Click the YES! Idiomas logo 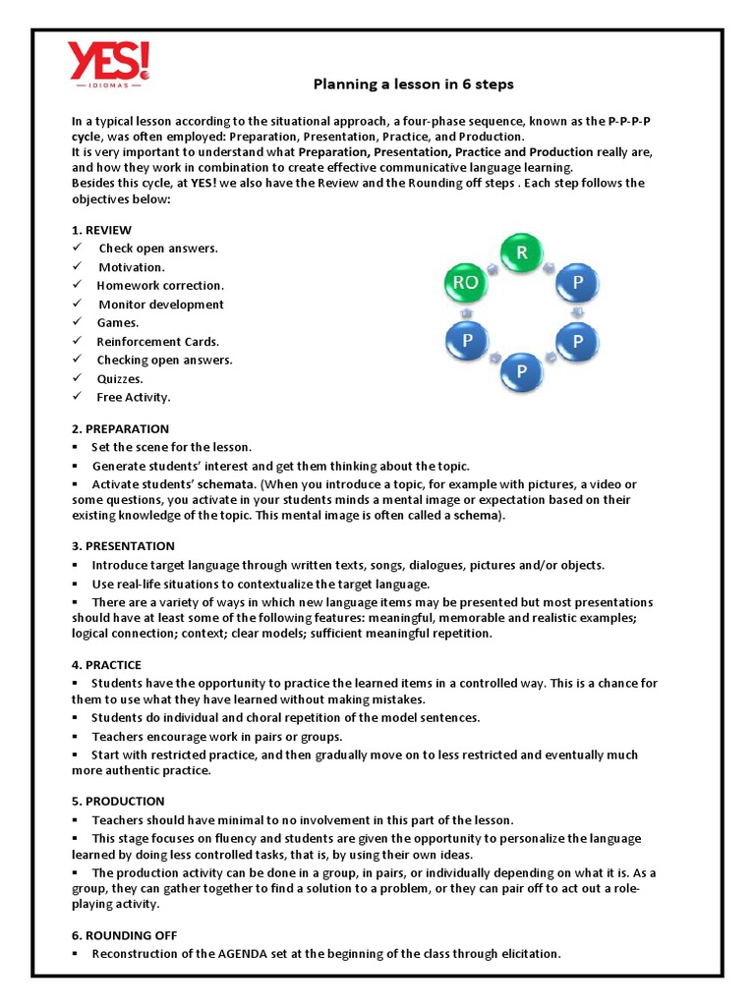coord(108,65)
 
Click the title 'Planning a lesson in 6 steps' coord(413,84)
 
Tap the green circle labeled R coord(522,253)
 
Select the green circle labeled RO coord(465,284)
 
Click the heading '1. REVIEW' coord(101,230)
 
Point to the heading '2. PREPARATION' coord(120,429)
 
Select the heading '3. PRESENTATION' coord(123,546)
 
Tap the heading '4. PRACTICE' coord(106,665)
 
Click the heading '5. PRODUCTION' coord(118,802)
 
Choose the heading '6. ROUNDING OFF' coord(124,935)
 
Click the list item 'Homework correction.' coord(160,286)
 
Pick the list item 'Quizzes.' coord(120,379)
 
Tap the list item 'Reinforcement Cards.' coord(158,342)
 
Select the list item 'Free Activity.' coord(134,398)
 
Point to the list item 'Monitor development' coord(161,305)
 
